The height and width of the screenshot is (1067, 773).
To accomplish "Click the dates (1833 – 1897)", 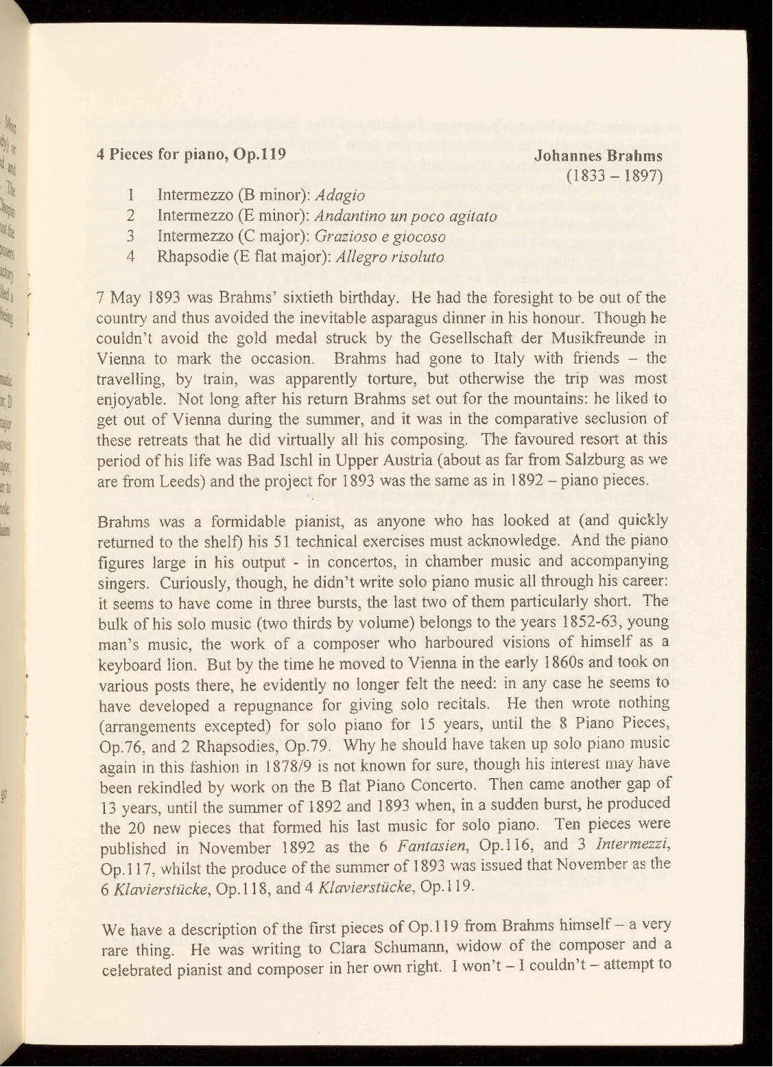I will tap(614, 176).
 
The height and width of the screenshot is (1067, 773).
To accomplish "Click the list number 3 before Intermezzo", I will tap(130, 237).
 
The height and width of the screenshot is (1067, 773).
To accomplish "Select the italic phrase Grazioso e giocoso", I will tap(381, 237).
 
